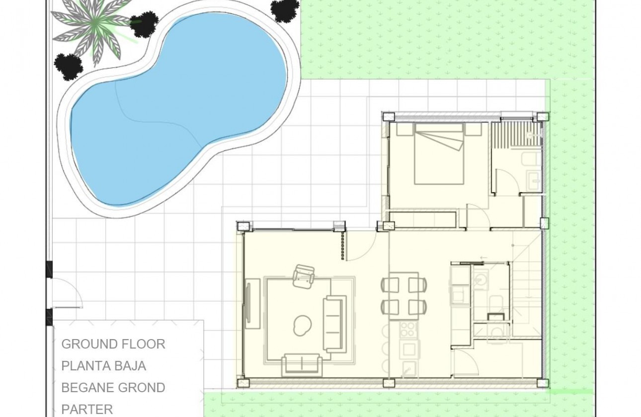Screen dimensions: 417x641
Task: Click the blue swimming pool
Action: [x=179, y=107]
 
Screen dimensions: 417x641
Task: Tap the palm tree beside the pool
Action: [x=94, y=25]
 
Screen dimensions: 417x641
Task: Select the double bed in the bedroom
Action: [x=439, y=154]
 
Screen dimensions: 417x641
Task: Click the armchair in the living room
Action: [x=304, y=276]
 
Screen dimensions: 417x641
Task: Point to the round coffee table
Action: [x=302, y=325]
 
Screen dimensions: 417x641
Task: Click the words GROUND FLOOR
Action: [x=113, y=344]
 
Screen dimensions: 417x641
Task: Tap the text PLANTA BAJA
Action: [x=104, y=366]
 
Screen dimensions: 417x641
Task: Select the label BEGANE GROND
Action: [x=113, y=388]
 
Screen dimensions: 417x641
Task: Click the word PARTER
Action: [x=87, y=410]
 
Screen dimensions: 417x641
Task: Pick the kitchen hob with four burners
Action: [x=408, y=329]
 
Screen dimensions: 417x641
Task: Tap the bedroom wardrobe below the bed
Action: [x=423, y=219]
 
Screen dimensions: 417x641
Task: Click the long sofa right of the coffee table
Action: [x=334, y=323]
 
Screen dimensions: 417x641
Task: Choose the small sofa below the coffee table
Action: [x=301, y=364]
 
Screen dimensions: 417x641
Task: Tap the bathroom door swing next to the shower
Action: [x=507, y=181]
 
